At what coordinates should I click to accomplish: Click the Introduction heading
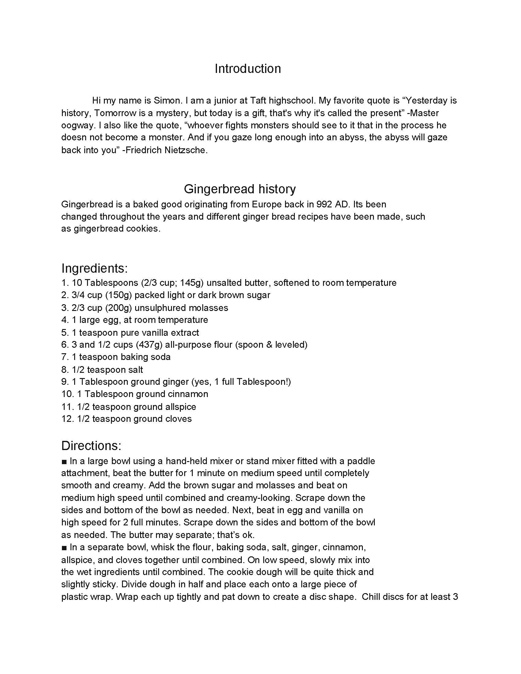(x=248, y=69)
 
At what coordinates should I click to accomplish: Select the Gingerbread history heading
(x=240, y=188)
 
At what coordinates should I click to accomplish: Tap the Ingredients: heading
(x=94, y=268)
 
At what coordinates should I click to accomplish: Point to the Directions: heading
(x=91, y=446)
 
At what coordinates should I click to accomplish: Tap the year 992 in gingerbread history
(x=323, y=204)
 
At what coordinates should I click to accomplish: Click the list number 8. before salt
(x=65, y=370)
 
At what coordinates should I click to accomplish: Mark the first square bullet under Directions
(x=64, y=461)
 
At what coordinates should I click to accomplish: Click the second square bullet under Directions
(x=64, y=548)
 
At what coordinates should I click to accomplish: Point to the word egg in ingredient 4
(x=112, y=320)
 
